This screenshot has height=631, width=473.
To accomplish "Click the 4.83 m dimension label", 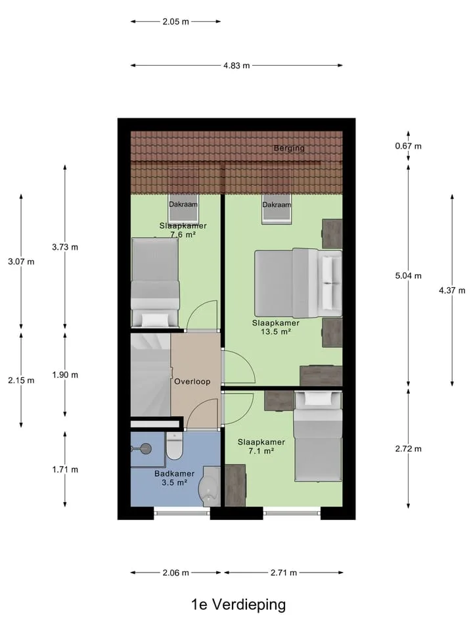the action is (236, 65).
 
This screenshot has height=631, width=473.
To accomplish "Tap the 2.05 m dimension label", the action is (176, 22).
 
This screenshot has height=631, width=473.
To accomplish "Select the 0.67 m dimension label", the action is (408, 146).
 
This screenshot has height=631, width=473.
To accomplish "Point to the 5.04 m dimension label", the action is (408, 275).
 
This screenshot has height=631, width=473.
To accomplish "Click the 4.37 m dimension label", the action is (452, 290).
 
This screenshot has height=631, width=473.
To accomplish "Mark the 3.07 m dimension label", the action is (21, 262).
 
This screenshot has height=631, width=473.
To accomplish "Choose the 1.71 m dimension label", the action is (65, 469).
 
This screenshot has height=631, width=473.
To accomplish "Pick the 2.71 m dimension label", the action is (284, 573).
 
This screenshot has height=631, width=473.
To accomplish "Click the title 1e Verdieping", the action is (238, 605).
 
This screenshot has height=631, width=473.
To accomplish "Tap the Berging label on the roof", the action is (289, 148).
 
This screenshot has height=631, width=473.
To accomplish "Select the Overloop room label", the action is (192, 381).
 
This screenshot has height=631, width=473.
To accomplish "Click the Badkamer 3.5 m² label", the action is (175, 478).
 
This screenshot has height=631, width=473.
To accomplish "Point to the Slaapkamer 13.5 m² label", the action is (276, 327).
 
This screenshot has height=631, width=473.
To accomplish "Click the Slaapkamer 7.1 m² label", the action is (261, 446).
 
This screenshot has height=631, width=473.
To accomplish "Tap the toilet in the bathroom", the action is (175, 446).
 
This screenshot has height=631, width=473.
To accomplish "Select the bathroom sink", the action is (209, 486).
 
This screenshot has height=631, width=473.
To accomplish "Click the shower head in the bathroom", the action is (146, 448).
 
